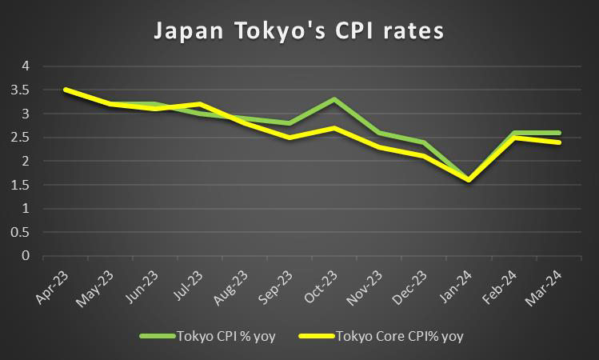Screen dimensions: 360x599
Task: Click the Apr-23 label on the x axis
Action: (52, 285)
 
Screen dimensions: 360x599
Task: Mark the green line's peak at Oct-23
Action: (333, 99)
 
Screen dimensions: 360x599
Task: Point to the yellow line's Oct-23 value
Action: (333, 128)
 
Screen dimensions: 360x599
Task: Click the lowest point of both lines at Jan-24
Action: (469, 180)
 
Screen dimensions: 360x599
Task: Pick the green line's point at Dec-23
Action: (424, 142)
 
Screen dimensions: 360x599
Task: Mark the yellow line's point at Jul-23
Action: (199, 104)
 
